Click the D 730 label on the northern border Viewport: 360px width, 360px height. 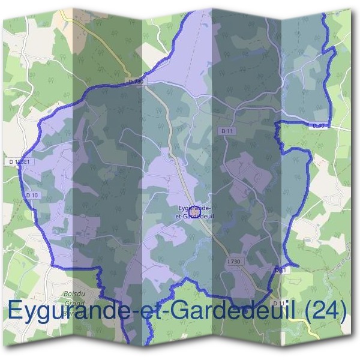(x=136, y=80)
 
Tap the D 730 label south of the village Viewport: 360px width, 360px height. (x=235, y=262)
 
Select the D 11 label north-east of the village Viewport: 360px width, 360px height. (x=227, y=131)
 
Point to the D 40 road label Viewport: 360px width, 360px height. (x=319, y=125)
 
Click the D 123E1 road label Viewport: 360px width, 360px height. (x=20, y=163)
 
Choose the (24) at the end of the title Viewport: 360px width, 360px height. (x=325, y=311)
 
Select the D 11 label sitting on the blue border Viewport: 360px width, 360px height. (x=279, y=271)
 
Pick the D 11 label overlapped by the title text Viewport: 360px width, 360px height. (x=275, y=303)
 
